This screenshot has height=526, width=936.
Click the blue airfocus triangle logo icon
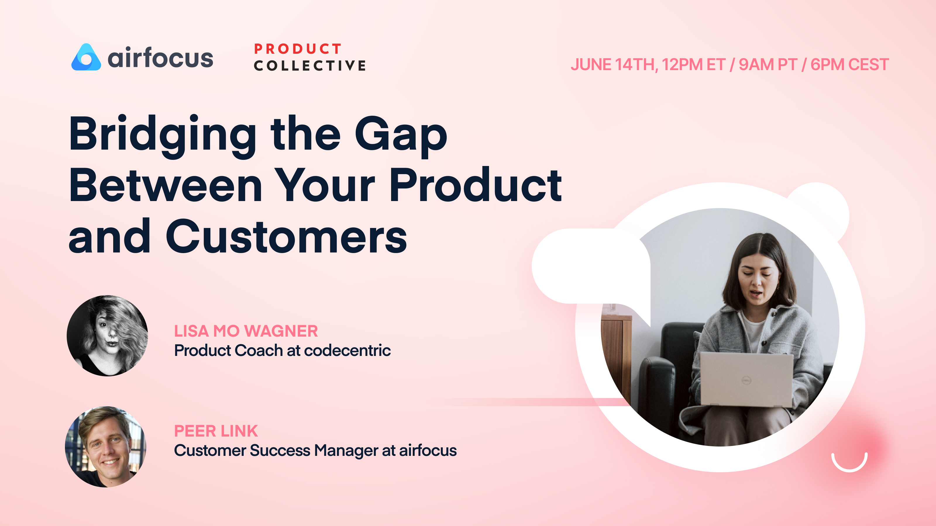click(x=86, y=58)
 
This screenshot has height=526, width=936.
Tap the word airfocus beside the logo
click(x=160, y=58)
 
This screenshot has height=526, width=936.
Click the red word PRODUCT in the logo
click(x=297, y=49)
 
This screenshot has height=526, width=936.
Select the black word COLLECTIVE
click(x=309, y=66)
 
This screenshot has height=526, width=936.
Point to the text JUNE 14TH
click(x=614, y=65)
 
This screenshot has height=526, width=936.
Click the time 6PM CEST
click(x=849, y=65)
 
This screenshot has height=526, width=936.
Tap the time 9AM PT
click(x=768, y=65)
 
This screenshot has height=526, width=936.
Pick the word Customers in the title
click(x=286, y=237)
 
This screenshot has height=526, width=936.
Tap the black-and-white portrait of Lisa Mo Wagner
click(x=107, y=335)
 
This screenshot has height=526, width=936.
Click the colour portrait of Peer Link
click(x=106, y=447)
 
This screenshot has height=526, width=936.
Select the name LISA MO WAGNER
click(x=246, y=331)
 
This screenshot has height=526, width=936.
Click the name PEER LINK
click(x=216, y=431)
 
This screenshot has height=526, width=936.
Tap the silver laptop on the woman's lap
click(x=747, y=379)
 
